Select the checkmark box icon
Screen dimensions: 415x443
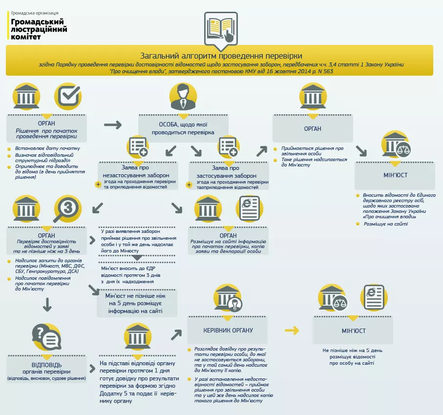click(67, 96)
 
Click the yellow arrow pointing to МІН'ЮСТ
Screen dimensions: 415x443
click(292, 331)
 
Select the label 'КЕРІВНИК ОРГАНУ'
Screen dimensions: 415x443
click(228, 331)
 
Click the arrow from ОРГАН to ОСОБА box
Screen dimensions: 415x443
click(113, 125)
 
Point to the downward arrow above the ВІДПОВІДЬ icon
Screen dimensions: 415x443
click(47, 305)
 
